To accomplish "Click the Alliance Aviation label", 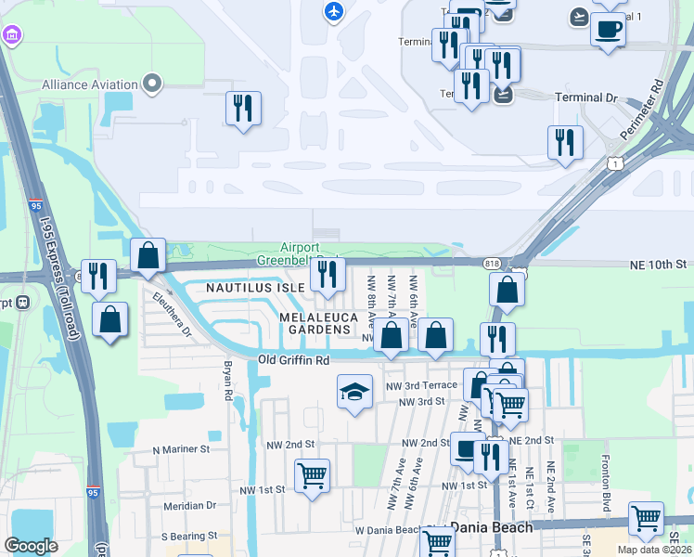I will click(89, 84).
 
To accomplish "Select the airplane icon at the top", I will click(333, 12).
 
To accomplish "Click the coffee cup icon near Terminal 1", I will click(608, 30).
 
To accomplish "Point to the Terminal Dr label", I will click(585, 97).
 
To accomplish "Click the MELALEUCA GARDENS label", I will click(315, 323).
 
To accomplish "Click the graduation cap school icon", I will click(354, 392).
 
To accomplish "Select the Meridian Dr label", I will click(189, 506).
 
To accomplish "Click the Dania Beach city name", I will click(492, 527).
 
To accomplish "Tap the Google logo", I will click(31, 546).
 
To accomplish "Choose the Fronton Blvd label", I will click(606, 474).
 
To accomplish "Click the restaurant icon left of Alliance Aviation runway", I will click(243, 108).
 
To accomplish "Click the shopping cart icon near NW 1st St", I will click(313, 476).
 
